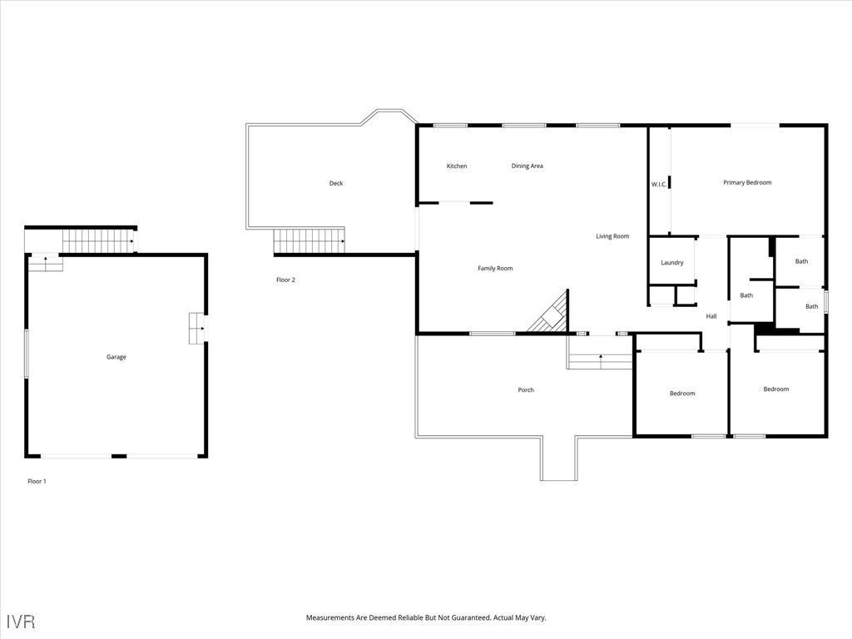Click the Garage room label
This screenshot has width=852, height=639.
pyautogui.click(x=116, y=357)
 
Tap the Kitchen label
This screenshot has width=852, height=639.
pyautogui.click(x=457, y=166)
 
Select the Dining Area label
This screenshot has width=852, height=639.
pyautogui.click(x=527, y=166)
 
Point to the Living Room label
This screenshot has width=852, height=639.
pyautogui.click(x=612, y=236)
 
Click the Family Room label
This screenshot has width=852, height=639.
pyautogui.click(x=495, y=269)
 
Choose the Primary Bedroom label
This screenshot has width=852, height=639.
pyautogui.click(x=747, y=182)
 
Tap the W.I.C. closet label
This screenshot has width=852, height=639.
pyautogui.click(x=658, y=184)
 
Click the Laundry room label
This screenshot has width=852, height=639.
pyautogui.click(x=672, y=263)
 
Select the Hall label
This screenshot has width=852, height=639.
pyautogui.click(x=711, y=316)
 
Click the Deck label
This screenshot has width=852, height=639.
pyautogui.click(x=336, y=183)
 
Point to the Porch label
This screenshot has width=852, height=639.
pyautogui.click(x=526, y=390)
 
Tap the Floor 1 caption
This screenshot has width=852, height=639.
pyautogui.click(x=37, y=481)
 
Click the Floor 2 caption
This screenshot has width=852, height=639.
pyautogui.click(x=285, y=280)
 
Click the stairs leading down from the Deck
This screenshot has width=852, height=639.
pyautogui.click(x=309, y=242)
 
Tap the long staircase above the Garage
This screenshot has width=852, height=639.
pyautogui.click(x=98, y=240)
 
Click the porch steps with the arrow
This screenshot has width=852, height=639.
pyautogui.click(x=600, y=360)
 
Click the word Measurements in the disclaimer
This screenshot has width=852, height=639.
pyautogui.click(x=337, y=618)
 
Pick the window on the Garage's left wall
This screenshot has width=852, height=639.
pyautogui.click(x=26, y=354)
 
